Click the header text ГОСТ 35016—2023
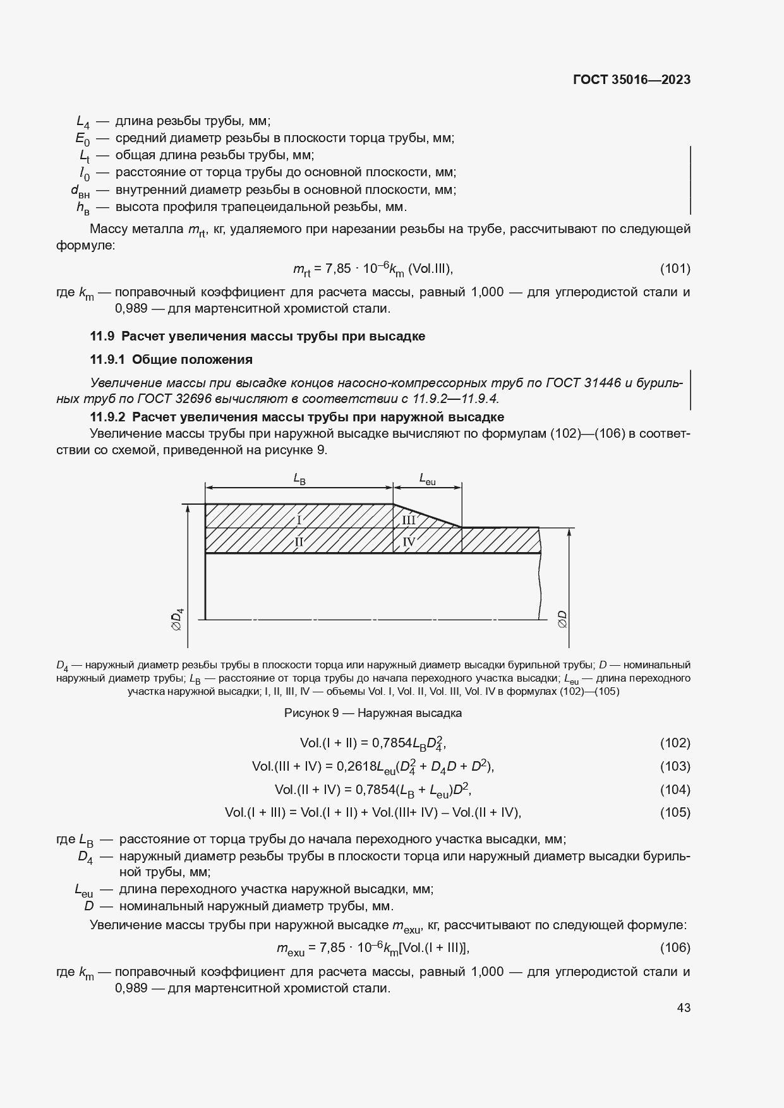point(631,80)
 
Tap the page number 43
point(683,1008)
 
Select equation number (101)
point(675,268)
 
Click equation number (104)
point(675,790)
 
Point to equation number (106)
point(675,948)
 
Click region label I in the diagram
point(299,520)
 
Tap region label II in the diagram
point(299,541)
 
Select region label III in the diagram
point(409,520)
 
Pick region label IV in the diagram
point(409,541)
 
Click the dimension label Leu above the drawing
point(427,479)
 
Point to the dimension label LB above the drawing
point(299,479)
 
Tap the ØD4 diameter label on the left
point(178,619)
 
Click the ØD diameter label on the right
point(562,619)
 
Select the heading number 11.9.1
point(108,359)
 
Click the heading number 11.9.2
point(108,417)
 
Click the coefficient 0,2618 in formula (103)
point(356,766)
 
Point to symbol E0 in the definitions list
point(83,139)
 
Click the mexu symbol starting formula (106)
point(290,949)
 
